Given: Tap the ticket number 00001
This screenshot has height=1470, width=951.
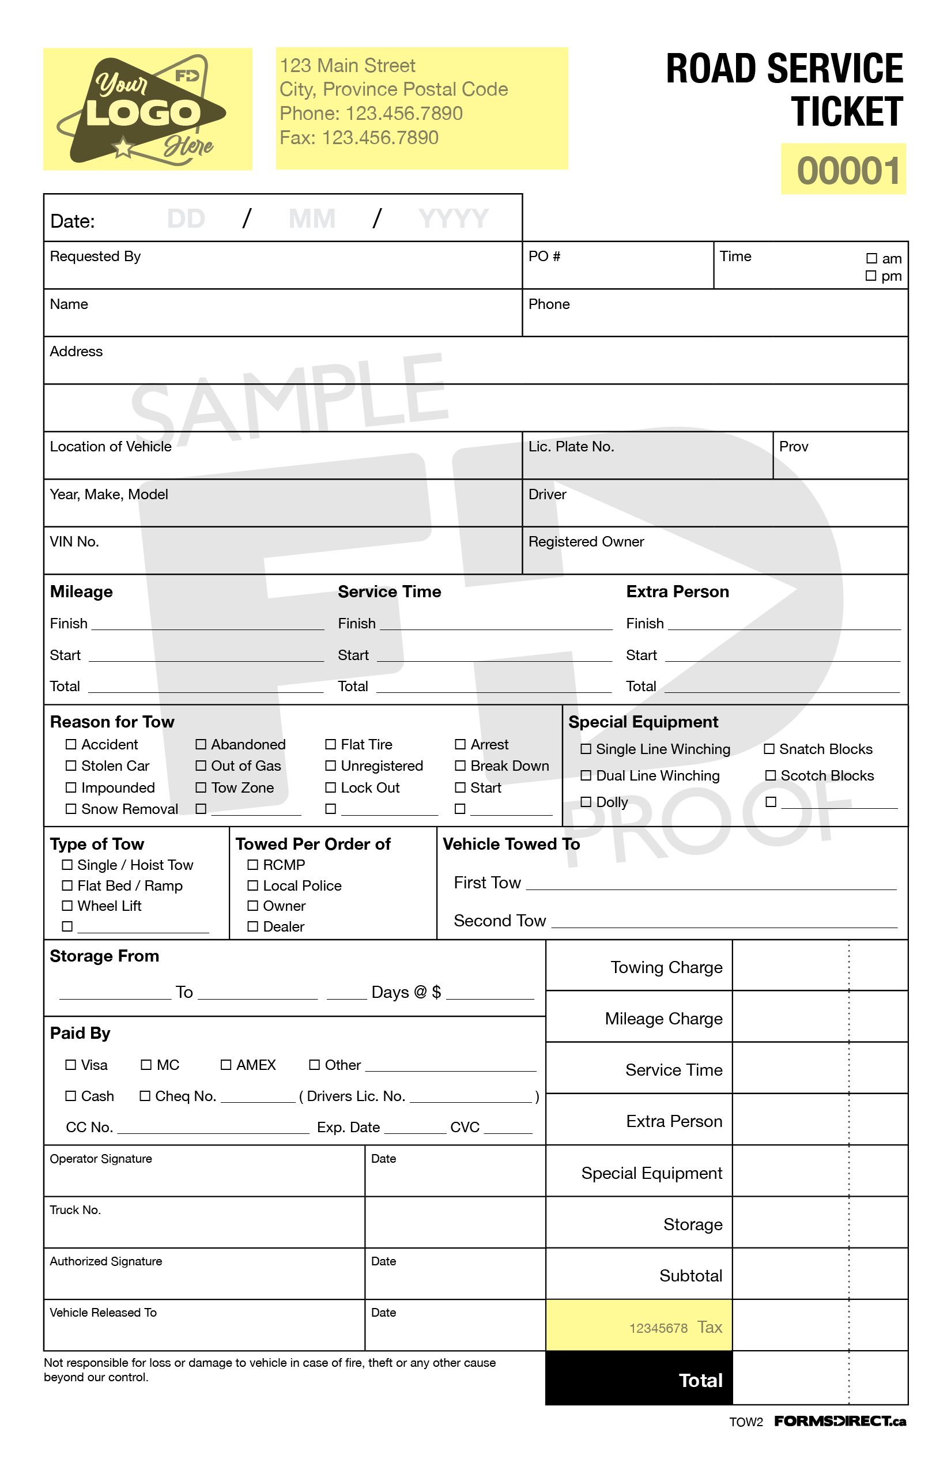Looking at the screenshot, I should pos(847,171).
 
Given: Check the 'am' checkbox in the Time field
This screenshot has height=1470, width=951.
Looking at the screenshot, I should pos(871,258).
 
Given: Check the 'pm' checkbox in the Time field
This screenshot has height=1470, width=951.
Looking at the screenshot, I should pos(871,276).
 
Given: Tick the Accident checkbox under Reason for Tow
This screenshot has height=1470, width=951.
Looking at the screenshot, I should pos(71,744).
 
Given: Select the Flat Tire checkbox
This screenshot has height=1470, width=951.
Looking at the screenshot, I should pos(330,744).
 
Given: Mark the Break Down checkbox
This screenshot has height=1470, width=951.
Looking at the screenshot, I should pos(460,766).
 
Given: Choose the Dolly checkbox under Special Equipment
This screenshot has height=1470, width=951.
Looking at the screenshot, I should pos(586,802).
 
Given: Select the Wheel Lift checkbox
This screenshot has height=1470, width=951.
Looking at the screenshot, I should pos(67,906).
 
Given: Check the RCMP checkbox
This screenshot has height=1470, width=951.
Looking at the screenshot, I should pos(252,865).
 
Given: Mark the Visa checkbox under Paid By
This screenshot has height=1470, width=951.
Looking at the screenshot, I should pos(71,1064).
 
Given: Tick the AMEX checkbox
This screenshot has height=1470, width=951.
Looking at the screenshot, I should pos(226,1064).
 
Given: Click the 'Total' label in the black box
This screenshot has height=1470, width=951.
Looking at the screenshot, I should pos(700,1381).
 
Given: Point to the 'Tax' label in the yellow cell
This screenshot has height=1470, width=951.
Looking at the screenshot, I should pos(710,1326).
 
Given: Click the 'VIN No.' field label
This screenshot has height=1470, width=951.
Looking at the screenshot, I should pos(74,542).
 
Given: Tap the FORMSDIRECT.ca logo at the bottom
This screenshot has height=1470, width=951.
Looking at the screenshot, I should pos(840,1421).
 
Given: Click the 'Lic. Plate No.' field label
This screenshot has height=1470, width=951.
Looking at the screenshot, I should pos(571,447).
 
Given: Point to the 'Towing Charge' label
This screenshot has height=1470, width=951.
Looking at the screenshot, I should pos(666,967).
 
